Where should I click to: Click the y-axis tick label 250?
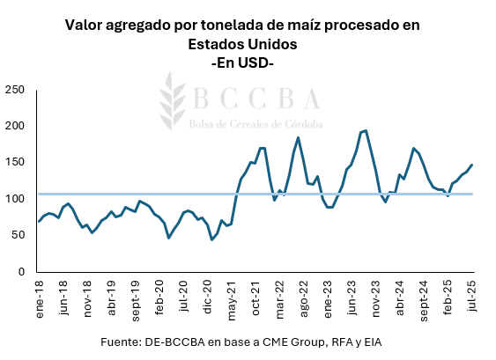click(x=15, y=90)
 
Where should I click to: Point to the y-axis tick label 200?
click(x=15, y=126)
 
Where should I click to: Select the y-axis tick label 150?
click(x=15, y=162)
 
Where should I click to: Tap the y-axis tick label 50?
click(x=18, y=235)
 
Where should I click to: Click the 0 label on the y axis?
click(x=21, y=271)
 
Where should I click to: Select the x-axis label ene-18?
click(x=40, y=295)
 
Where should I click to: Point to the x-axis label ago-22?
click(x=304, y=296)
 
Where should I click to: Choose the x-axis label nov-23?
click(x=376, y=296)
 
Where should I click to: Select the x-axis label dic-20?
click(x=208, y=295)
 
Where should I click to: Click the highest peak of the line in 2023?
click(x=366, y=130)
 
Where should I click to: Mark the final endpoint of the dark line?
click(x=472, y=165)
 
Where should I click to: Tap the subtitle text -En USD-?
click(x=243, y=62)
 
